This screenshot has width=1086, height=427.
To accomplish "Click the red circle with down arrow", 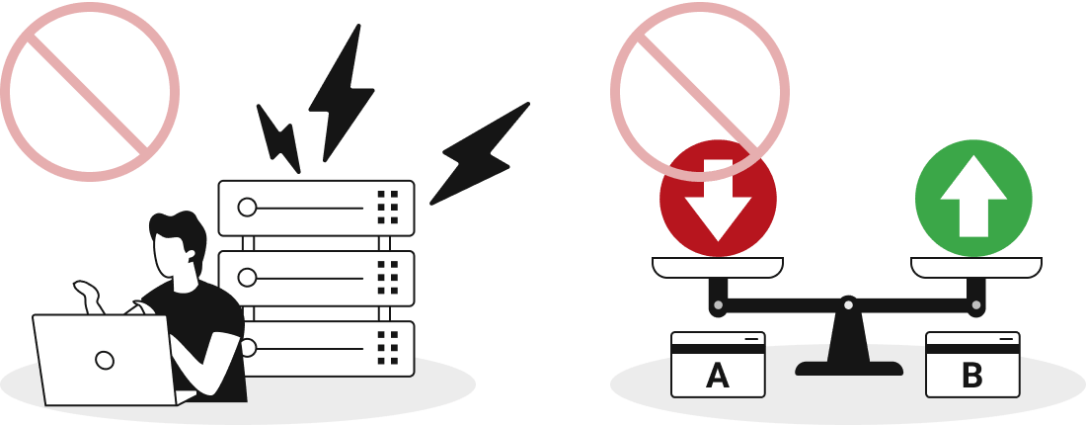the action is tap(718, 199).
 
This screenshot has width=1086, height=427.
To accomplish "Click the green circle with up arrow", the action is tap(973, 199).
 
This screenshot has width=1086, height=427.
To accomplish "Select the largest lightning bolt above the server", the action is tap(341, 93).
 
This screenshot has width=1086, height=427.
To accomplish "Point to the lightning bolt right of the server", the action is tap(479, 154).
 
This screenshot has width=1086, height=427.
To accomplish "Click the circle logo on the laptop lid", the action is tap(105, 361).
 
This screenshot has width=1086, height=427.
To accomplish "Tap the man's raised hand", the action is tap(87, 295).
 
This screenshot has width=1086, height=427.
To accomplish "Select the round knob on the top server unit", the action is tap(247, 208).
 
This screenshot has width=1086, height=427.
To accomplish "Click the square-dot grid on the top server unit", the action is tap(388, 208).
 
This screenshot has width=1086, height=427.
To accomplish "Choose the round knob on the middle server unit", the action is tap(247, 278).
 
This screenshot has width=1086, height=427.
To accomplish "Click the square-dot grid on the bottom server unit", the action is tap(388, 348).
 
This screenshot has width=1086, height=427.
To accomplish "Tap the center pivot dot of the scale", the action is tap(848, 305).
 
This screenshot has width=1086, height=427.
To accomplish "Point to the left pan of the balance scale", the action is tap(718, 268).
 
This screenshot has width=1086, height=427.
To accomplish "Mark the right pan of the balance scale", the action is tap(975, 268).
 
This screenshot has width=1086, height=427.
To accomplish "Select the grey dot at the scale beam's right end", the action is tap(975, 305).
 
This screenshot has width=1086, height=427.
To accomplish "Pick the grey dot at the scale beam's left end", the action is tap(718, 305).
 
